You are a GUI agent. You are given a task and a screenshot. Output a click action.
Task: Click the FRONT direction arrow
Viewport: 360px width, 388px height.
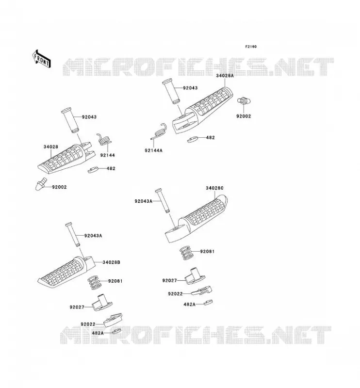coord(42,59)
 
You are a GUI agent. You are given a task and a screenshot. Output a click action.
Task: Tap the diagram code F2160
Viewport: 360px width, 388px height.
coord(251,47)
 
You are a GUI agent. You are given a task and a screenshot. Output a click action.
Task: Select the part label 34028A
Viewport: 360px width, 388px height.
coord(225,76)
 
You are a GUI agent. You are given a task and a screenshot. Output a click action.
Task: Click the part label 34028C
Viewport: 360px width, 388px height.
coord(214,188)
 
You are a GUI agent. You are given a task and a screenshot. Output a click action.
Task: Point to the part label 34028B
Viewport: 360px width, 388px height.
coord(111,262)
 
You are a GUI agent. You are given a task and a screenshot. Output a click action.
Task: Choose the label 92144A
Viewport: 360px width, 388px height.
coord(153,150)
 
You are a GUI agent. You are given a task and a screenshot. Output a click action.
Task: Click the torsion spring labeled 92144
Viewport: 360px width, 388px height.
coord(104,140)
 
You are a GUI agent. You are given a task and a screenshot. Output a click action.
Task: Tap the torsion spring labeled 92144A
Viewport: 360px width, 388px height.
coord(160,131)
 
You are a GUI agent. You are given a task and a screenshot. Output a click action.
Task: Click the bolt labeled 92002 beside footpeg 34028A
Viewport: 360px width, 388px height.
coord(244,101)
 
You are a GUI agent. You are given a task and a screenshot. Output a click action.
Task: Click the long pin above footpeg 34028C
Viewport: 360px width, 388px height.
coord(163,201)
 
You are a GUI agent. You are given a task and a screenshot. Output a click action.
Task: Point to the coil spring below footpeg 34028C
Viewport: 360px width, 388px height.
coord(186,253)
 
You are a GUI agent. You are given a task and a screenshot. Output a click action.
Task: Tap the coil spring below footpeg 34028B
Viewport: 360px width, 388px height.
coord(94,283)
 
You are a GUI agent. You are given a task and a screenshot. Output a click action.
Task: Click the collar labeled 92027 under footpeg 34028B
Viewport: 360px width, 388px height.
coord(102,302)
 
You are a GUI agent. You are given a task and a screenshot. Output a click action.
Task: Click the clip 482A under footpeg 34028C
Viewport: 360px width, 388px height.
coord(208,302)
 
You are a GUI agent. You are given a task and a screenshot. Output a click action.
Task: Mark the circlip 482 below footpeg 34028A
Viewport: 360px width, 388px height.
coord(193,139)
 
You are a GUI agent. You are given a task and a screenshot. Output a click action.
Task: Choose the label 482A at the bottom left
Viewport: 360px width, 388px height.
coord(98,333)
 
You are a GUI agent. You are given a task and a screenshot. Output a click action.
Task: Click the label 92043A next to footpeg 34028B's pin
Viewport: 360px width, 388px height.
coord(93,236)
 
